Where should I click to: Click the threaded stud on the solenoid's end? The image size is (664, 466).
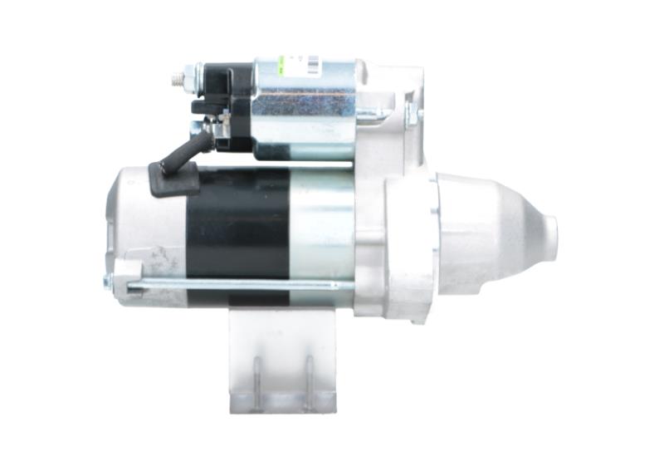pyautogui.click(x=176, y=80)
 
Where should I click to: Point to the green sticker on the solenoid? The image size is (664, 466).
pyautogui.click(x=281, y=63)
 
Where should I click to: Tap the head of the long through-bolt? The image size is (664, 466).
pyautogui.click(x=108, y=282)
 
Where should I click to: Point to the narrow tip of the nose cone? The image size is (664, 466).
pyautogui.click(x=548, y=238)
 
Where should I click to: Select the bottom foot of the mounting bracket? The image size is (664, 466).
pyautogui.click(x=282, y=405)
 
